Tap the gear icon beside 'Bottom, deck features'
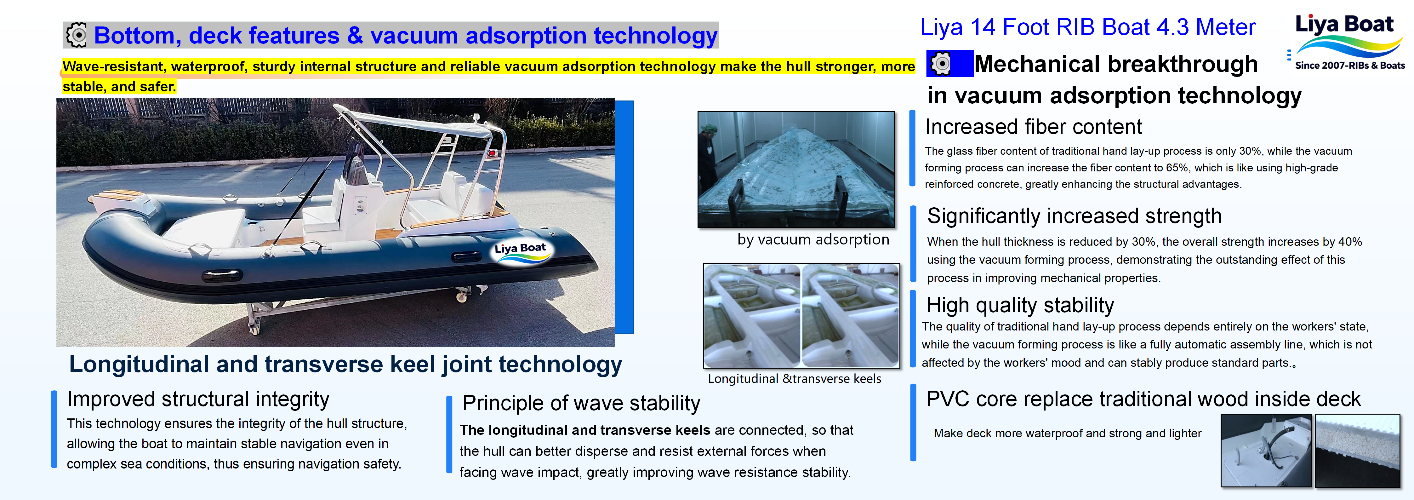coord(77,35)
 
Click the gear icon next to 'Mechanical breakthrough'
coord(941,64)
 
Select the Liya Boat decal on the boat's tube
coord(520,252)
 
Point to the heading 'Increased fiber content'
coord(1033,127)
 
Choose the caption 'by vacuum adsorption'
coord(813,239)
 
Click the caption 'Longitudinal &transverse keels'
coord(794,379)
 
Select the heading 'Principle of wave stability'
coord(581,403)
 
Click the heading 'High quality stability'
coord(1020,305)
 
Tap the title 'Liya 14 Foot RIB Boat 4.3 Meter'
coord(1088,27)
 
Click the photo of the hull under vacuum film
coord(796,169)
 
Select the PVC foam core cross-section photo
coord(1357,451)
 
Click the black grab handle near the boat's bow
coord(222,275)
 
